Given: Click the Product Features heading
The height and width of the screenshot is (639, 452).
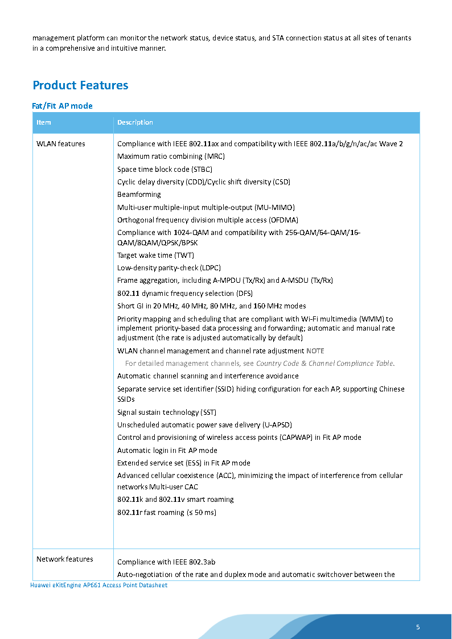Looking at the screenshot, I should (x=80, y=85).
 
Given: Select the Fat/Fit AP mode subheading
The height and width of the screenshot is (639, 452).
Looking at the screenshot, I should (x=62, y=106).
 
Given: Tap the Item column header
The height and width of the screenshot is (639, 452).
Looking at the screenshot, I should (x=44, y=122).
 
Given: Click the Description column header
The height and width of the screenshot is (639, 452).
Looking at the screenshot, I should (x=135, y=122).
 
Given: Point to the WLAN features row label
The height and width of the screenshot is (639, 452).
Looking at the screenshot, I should (x=61, y=143).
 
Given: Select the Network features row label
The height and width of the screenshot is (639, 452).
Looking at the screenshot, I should (x=64, y=559).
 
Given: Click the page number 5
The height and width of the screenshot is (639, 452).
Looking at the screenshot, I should (x=418, y=627).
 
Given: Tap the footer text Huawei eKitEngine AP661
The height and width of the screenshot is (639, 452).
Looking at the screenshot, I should (x=98, y=585).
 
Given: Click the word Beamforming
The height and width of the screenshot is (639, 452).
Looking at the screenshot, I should (x=139, y=194).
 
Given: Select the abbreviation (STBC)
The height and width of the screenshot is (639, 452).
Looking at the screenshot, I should (x=203, y=169).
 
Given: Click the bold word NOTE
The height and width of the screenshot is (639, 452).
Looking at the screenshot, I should (x=315, y=351).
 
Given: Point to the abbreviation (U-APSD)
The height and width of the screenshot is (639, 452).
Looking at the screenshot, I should (x=277, y=424).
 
